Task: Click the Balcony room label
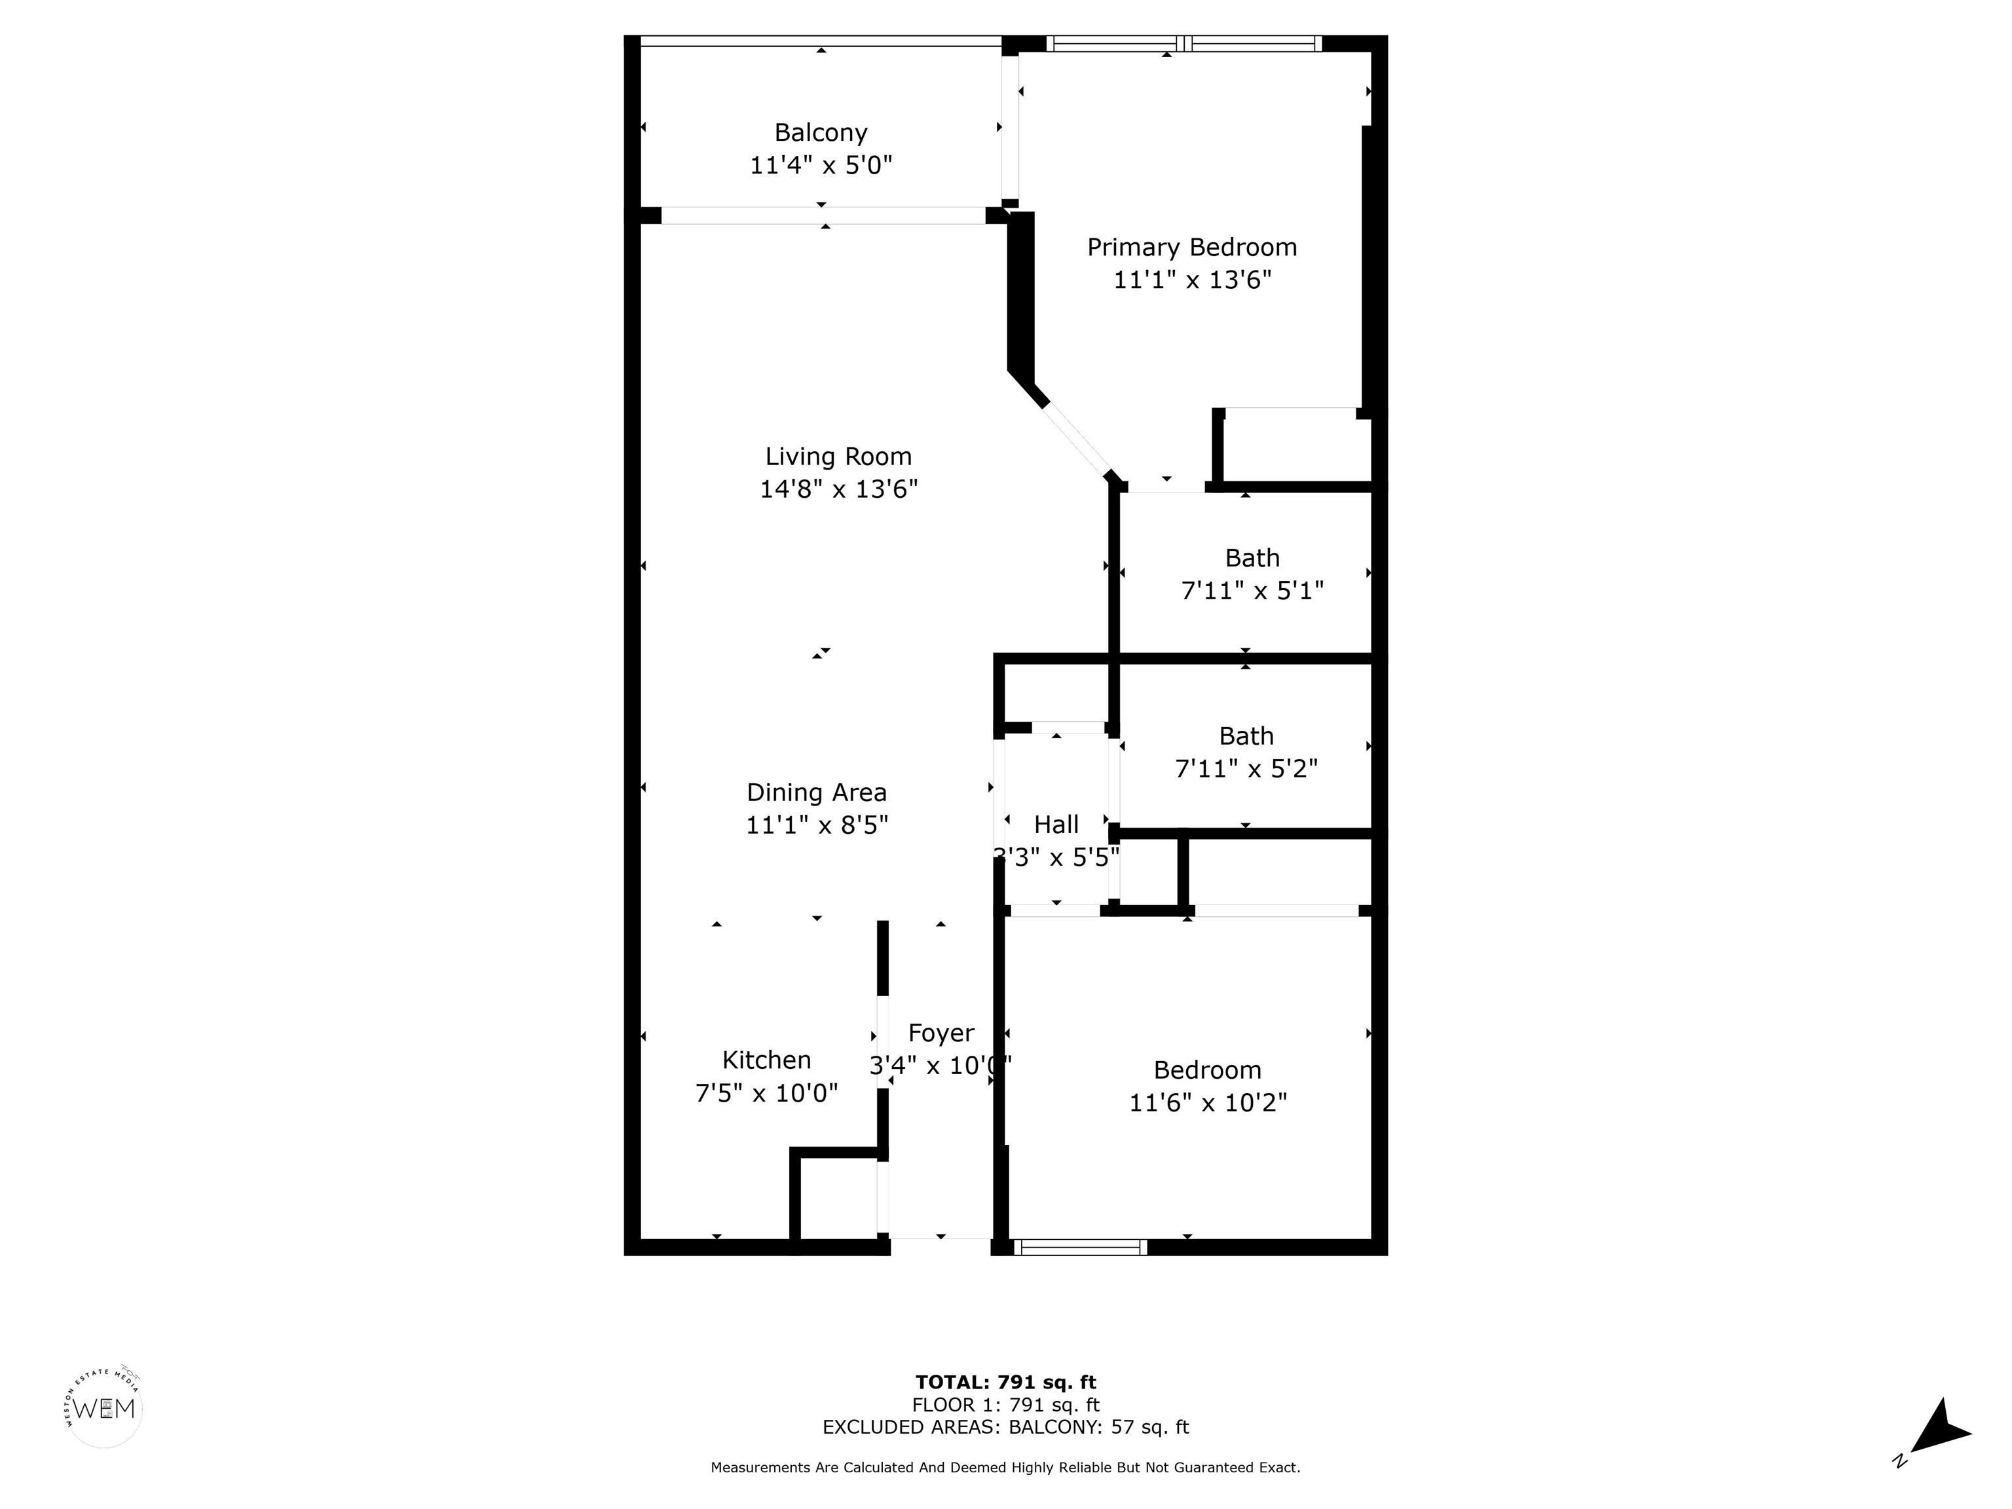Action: (821, 133)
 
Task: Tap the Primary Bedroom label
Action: (1191, 248)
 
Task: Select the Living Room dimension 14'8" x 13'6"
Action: (838, 489)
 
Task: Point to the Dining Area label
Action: (817, 792)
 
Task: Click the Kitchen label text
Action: (767, 1060)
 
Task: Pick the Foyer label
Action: (941, 1034)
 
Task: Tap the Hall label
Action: (1056, 825)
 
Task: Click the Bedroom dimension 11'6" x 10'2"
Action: (1208, 1102)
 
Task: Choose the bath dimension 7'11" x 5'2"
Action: (1246, 770)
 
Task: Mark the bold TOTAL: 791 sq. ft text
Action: (1006, 1383)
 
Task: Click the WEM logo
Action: (105, 1409)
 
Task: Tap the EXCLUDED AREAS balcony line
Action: (1006, 1427)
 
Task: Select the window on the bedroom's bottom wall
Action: (1081, 1247)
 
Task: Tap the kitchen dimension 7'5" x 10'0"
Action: (767, 1093)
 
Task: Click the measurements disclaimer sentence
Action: (1006, 1467)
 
